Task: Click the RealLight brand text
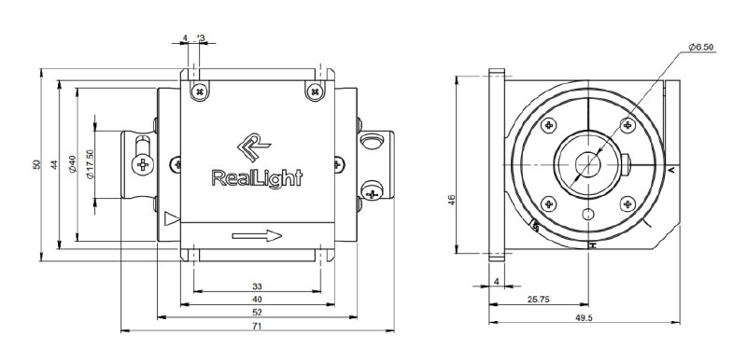pos(257,178)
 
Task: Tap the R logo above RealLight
pos(253,147)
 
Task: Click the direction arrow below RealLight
pos(257,235)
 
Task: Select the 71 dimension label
pos(258,326)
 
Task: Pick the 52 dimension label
pos(258,313)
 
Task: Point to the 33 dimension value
pos(258,287)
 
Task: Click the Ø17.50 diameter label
pos(91,164)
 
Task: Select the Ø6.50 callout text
pos(701,47)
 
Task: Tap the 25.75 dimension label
pos(539,300)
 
